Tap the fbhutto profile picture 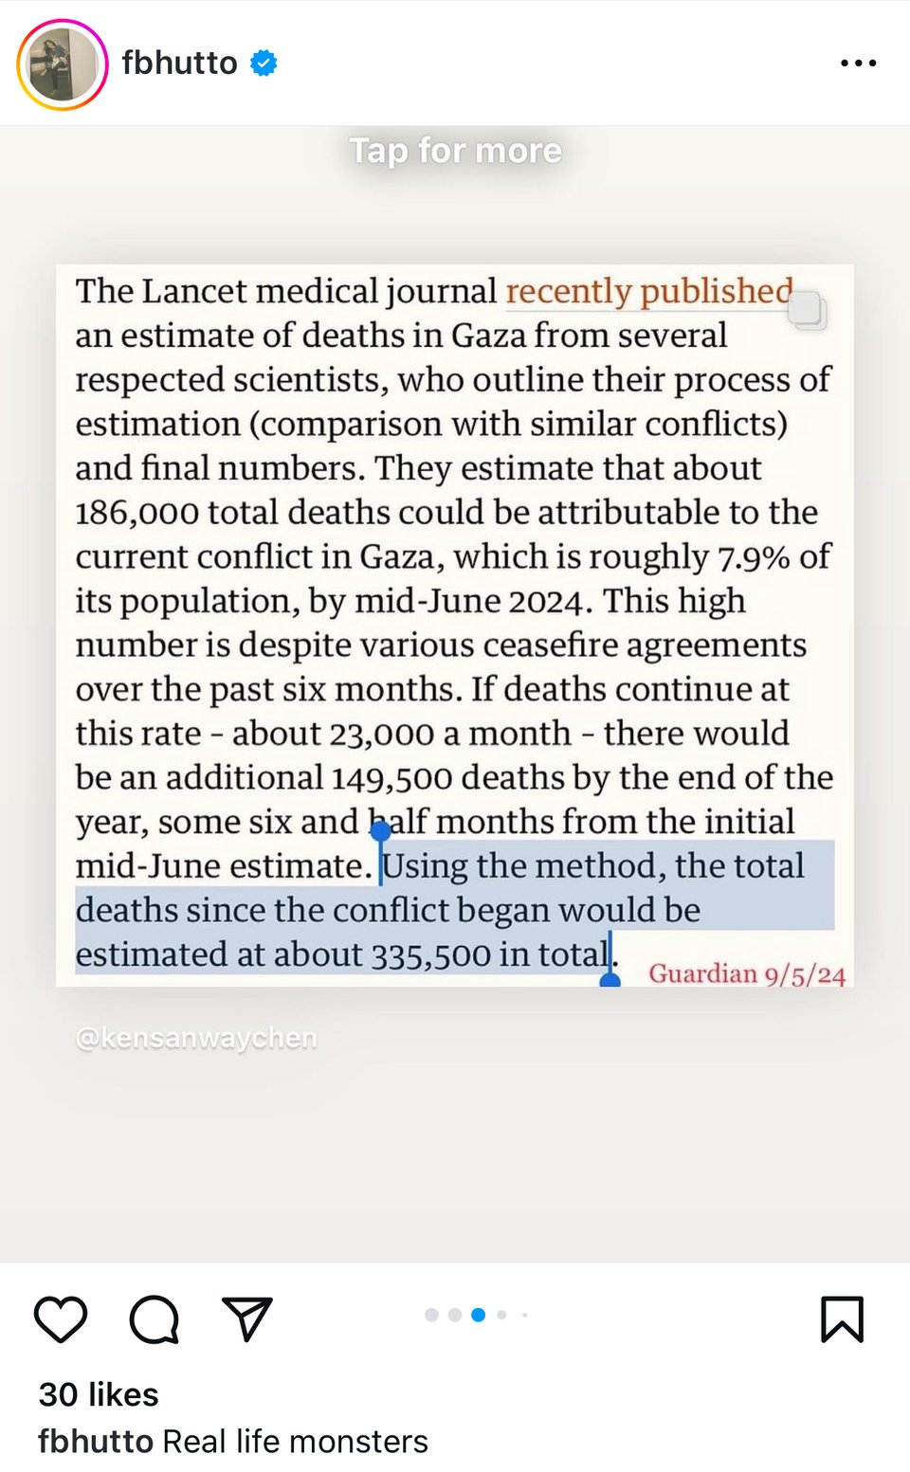coord(62,64)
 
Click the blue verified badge coord(264,64)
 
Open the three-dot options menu coord(858,64)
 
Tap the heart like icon coord(61,1318)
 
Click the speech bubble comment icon coord(155,1318)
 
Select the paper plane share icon coord(247,1318)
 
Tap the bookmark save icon coord(842,1318)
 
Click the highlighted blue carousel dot coord(479,1315)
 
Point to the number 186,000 coord(136,513)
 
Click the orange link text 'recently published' coord(649,291)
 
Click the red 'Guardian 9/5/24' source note coord(747,974)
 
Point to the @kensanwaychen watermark coord(196,1039)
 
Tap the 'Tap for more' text coord(456,151)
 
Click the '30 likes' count coord(99,1394)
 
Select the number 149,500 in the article coord(391,778)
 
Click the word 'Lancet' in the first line coord(195,291)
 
